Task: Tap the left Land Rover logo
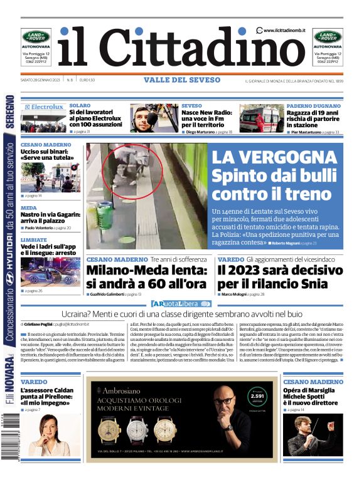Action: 36,37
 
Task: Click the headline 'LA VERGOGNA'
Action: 274,157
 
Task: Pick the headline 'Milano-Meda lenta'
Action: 146,277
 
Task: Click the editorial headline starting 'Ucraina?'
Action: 181,314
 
